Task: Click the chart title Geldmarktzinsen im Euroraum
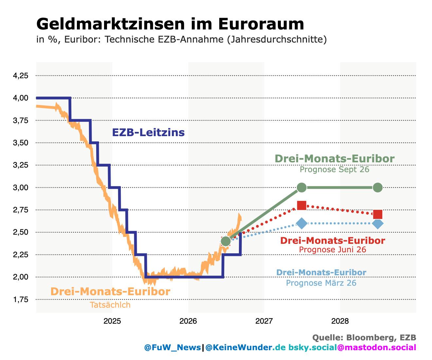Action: coord(170,24)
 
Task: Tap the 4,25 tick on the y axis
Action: coord(21,76)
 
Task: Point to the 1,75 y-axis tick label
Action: coord(21,299)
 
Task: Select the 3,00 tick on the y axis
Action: coord(21,188)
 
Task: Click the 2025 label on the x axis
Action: coord(112,321)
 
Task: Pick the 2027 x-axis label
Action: coord(264,321)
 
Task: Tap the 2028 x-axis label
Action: coord(340,321)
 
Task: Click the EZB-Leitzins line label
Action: coord(148,133)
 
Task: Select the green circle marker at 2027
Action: coord(302,188)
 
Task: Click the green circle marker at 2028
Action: coord(378,188)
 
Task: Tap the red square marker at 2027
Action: coord(302,206)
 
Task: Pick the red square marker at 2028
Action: coord(378,214)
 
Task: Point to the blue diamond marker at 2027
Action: coord(302,224)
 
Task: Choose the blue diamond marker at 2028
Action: coord(378,224)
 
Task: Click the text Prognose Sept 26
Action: coord(334,170)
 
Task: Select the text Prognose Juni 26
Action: coord(333,249)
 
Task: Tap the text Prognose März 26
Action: coord(321,283)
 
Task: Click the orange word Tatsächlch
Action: coord(110,305)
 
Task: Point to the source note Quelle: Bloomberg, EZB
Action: coord(364,338)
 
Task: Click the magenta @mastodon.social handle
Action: coord(377,347)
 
